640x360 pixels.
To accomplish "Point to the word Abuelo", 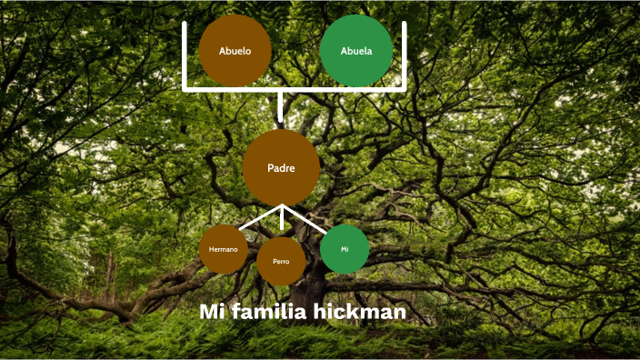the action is coord(235,51).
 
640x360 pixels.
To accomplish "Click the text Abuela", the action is coord(356,51).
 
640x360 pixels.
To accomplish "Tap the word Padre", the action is coord(281,167).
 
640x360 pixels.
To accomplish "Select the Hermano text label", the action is coord(224,249).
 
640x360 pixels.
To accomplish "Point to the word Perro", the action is coord(281,262).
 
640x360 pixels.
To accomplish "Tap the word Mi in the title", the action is coord(212,312).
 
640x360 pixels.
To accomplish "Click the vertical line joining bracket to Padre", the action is coord(281,108).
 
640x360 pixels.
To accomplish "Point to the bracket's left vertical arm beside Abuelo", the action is coord(185,55).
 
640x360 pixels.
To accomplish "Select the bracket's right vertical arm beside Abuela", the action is coord(404,55).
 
